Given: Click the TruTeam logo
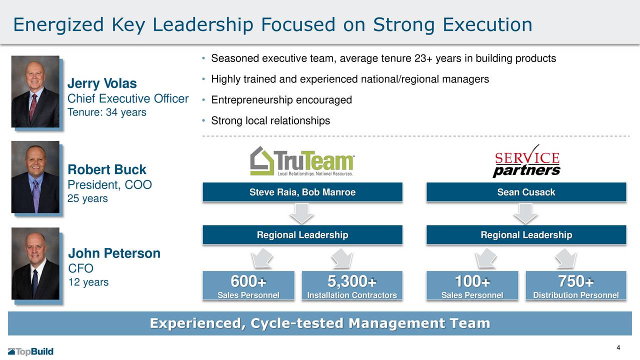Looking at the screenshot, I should tap(302, 161).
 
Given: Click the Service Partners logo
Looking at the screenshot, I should tap(526, 161).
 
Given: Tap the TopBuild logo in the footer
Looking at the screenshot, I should tap(30, 351).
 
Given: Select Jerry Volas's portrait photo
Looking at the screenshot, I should tap(35, 91).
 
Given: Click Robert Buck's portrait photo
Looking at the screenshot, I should tap(35, 177).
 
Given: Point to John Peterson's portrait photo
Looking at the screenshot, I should tap(35, 263).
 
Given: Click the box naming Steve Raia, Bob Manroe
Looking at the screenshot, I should tap(302, 192).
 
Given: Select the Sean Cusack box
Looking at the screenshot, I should tap(526, 192).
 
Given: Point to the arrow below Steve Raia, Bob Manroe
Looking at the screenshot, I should tap(302, 213).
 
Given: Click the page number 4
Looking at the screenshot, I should tap(618, 348).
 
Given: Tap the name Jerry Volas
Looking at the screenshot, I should tap(102, 83).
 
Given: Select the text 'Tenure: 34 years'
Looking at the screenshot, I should tap(107, 112).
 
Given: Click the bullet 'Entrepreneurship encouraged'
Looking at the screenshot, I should tap(281, 100).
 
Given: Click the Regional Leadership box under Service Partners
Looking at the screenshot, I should tap(526, 235).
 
